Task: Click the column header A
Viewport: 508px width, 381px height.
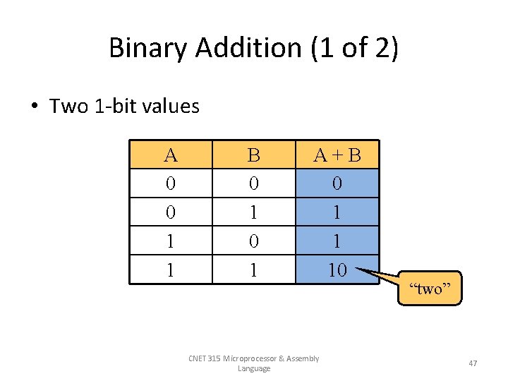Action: click(170, 155)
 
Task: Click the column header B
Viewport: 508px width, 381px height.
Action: click(253, 155)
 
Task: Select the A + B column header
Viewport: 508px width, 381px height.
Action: click(337, 155)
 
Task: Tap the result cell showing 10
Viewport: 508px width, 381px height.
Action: click(337, 269)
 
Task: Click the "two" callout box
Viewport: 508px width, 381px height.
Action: click(430, 288)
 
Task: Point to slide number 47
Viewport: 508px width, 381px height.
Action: click(473, 363)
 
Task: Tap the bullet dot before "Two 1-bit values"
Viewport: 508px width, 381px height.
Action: click(34, 107)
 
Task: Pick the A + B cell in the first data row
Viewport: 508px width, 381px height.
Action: click(337, 183)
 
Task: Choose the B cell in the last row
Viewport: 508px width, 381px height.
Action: click(253, 269)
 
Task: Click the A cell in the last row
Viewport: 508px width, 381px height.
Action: click(170, 269)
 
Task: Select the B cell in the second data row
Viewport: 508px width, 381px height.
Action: click(253, 212)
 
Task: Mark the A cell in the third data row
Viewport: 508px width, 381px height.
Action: click(170, 241)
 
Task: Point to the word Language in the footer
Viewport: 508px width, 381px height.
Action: click(254, 368)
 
